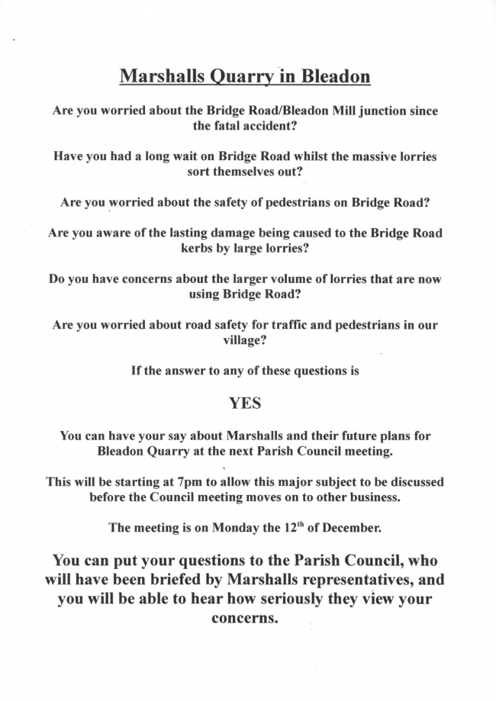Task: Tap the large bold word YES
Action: click(246, 403)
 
